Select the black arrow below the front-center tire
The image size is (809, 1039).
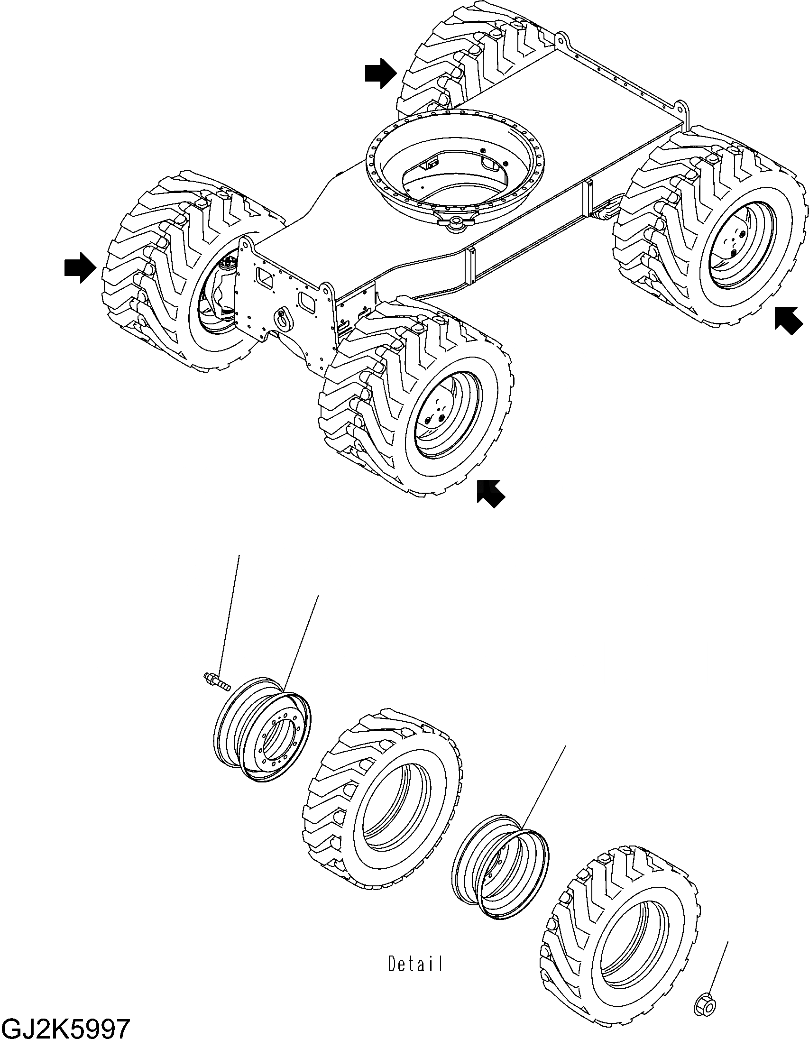pos(491,493)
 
